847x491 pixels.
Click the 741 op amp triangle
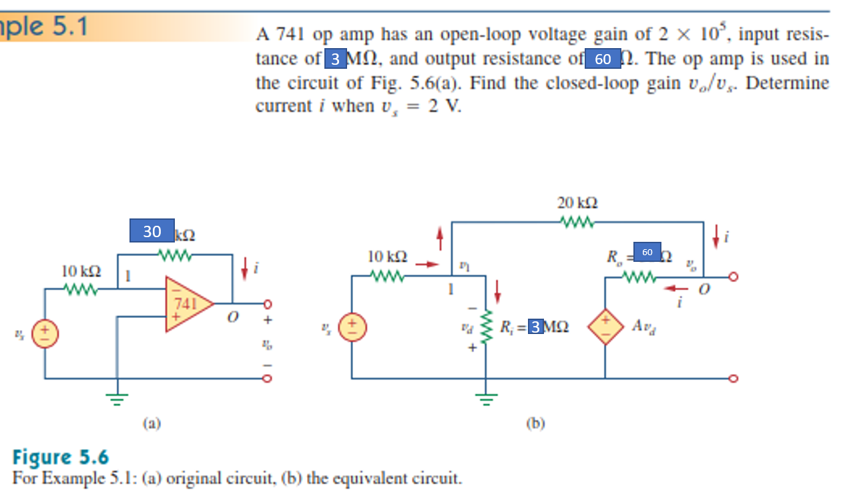click(187, 305)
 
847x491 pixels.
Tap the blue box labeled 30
click(152, 231)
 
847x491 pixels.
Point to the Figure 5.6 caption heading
click(61, 458)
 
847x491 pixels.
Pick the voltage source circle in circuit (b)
click(352, 328)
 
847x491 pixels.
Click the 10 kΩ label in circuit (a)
click(81, 271)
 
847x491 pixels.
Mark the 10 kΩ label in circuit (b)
click(388, 256)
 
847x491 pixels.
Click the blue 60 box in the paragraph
click(603, 59)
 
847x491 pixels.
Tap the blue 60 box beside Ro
click(647, 252)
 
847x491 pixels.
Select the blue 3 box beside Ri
click(535, 327)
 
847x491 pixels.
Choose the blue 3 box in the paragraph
click(335, 59)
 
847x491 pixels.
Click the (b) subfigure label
click(535, 422)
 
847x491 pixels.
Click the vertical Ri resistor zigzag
click(487, 327)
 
